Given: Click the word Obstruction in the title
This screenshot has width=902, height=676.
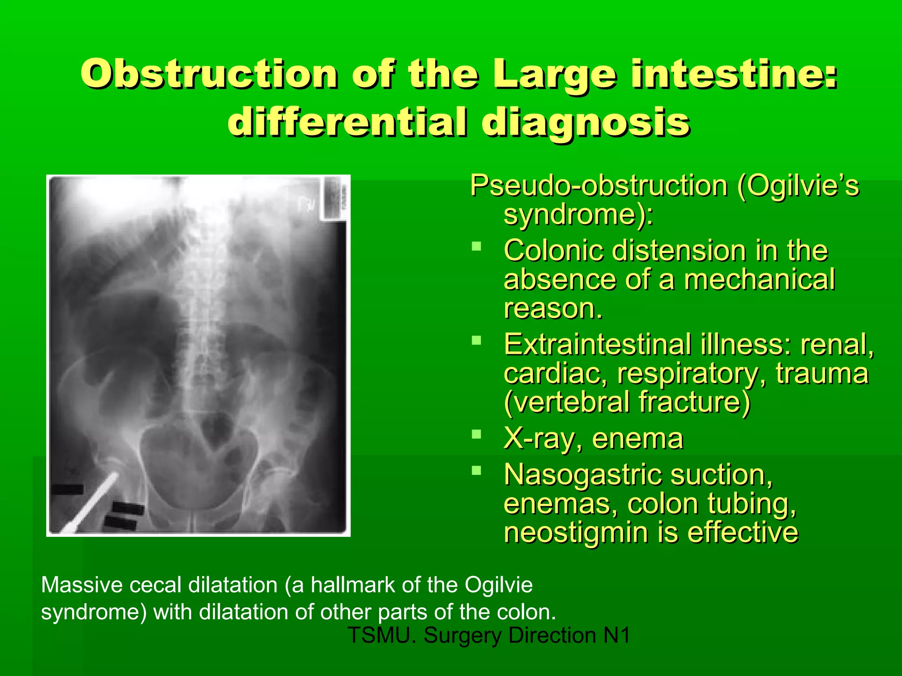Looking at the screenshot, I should coord(209,74).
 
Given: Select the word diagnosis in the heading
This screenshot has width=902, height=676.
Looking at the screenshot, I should coord(586,122).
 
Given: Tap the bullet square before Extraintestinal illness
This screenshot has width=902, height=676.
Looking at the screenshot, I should coord(476,340).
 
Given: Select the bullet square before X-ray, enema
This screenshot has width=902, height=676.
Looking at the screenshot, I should coord(476,434).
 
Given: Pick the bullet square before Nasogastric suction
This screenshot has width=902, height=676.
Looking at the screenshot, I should coord(476,470).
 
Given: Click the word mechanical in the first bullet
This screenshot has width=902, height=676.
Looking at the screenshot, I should coord(759,280).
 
